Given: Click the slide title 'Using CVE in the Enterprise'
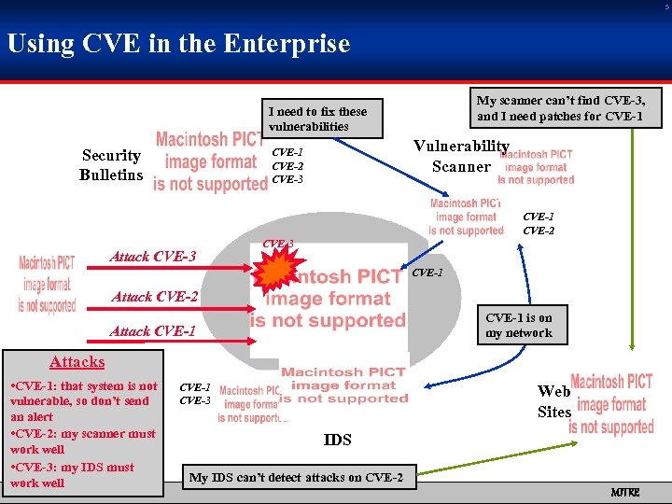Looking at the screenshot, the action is click(x=178, y=44).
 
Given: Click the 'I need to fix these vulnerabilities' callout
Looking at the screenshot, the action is click(x=318, y=119).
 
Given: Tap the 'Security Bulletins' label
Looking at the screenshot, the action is click(x=111, y=165).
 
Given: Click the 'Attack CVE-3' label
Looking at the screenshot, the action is click(x=153, y=257).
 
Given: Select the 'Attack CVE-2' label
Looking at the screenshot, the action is click(x=154, y=297).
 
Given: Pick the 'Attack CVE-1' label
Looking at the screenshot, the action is click(x=153, y=331).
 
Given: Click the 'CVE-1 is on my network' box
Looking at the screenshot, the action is click(x=519, y=325).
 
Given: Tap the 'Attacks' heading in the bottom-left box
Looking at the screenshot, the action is click(x=77, y=361).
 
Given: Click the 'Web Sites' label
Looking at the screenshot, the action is click(x=553, y=401).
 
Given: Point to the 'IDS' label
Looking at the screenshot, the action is click(x=337, y=440).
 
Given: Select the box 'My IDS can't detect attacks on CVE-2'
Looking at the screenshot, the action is click(x=297, y=478).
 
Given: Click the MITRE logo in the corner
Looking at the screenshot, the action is click(x=624, y=491).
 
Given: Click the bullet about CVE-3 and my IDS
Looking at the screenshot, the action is click(x=73, y=474).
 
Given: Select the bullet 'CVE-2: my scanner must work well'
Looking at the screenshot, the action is click(x=82, y=441).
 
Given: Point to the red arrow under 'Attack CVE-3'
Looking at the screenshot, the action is click(x=168, y=269).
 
